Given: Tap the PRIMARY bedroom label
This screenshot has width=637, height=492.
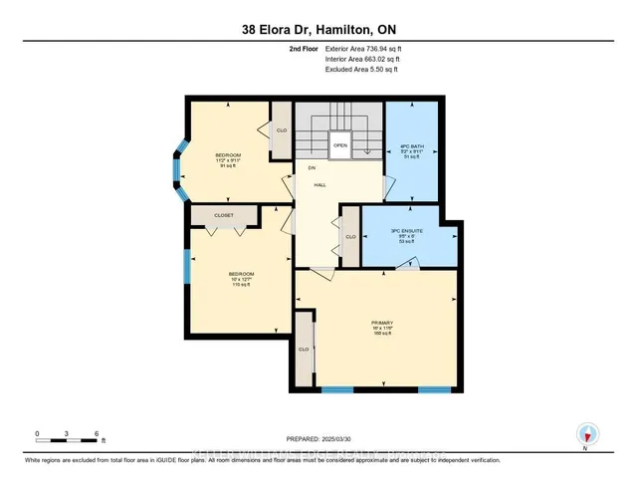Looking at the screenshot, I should point(383,328).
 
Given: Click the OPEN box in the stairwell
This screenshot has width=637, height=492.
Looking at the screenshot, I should point(340,144).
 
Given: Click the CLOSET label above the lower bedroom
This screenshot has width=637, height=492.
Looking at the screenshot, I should point(223,213).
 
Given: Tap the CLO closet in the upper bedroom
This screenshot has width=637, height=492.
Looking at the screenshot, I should point(282,131).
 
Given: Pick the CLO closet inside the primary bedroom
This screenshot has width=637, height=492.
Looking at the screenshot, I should point(305,351).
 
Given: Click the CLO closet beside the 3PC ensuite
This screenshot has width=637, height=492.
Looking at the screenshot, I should point(349,238).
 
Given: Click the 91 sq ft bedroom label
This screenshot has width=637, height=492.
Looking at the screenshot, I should point(228,160).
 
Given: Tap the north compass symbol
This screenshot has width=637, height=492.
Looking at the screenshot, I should point(586,432).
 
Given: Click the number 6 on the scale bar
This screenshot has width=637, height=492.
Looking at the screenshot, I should point(96,434).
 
